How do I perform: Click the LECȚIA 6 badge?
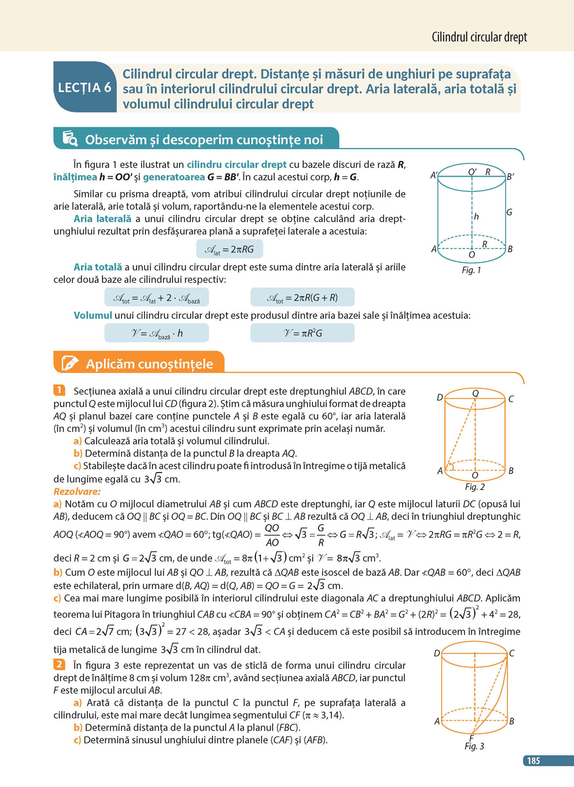coord(84,88)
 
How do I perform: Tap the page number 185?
coord(534,760)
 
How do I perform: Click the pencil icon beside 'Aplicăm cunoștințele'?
coord(70,363)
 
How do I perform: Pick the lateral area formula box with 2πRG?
coord(229,249)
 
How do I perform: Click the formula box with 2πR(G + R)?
coord(302,298)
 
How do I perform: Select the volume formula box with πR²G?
coord(302,333)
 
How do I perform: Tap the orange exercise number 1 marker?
coord(59,390)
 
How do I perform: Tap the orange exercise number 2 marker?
coord(59,664)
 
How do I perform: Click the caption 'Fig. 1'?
coord(471,270)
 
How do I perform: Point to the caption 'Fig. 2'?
coord(474,487)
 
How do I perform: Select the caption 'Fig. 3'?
coord(474,746)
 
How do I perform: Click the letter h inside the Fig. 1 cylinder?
coord(476,217)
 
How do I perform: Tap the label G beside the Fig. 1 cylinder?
coord(509,212)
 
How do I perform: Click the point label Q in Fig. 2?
coord(475,393)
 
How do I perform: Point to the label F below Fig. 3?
coord(471,738)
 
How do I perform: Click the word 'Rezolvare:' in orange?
coord(77,491)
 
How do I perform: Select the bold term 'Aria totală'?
coord(98,267)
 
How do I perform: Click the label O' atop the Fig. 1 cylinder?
coord(472,172)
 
